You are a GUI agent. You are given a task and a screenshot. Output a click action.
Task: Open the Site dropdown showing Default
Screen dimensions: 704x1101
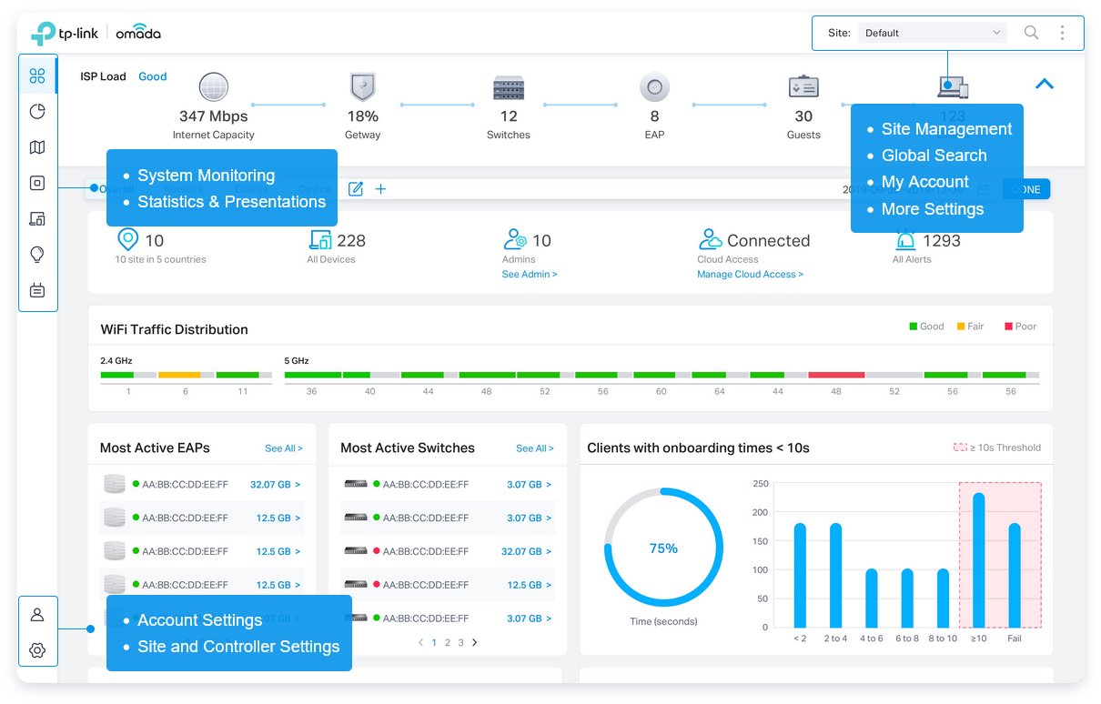tap(932, 33)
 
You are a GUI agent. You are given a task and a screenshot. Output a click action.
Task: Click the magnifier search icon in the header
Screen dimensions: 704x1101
tap(1031, 33)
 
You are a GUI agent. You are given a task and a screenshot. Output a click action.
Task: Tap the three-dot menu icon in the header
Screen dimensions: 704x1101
tap(1062, 33)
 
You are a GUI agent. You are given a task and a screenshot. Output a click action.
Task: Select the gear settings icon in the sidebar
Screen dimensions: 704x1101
tap(37, 650)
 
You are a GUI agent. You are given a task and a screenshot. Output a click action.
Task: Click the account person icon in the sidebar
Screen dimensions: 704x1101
tap(37, 615)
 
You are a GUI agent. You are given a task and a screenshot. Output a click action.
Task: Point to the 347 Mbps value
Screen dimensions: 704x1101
tap(213, 116)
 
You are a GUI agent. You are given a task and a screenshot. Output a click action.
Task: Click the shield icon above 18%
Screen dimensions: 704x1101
tap(362, 88)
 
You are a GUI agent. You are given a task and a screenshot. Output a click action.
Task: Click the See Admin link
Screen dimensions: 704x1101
tap(530, 274)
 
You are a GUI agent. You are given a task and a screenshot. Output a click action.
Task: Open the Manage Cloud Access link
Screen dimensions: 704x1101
tap(750, 274)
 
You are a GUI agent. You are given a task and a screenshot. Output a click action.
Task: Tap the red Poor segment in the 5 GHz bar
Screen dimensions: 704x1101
tap(836, 375)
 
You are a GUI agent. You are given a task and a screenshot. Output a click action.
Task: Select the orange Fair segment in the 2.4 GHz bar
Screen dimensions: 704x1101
tap(179, 375)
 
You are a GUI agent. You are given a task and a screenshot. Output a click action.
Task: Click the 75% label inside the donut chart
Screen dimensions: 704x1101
tap(663, 548)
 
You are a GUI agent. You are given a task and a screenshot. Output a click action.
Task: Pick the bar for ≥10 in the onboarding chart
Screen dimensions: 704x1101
tap(978, 559)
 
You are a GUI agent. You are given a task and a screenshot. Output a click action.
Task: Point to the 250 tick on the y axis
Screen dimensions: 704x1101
tap(760, 484)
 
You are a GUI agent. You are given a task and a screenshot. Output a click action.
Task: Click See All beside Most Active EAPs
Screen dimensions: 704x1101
tap(284, 448)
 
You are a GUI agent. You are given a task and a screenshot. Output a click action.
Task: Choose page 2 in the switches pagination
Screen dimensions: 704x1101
tap(448, 642)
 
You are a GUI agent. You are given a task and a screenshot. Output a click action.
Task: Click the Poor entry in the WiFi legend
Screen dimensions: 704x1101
tap(1020, 327)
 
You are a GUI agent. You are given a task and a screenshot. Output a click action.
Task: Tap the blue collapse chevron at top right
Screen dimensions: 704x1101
tap(1045, 84)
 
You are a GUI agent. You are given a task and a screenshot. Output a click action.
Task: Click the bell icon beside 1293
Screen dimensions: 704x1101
tap(905, 241)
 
